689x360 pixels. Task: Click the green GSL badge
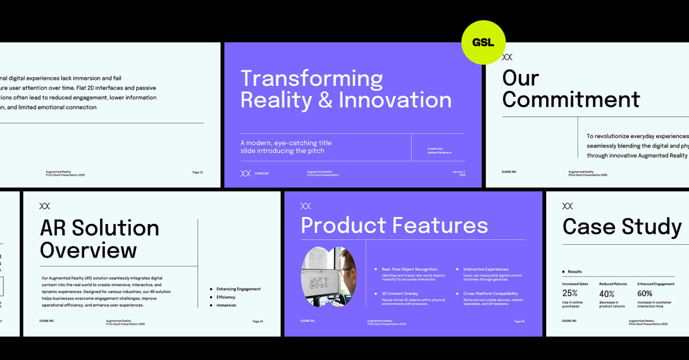click(x=483, y=42)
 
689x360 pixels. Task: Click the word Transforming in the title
click(x=311, y=79)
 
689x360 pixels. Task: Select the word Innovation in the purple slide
click(x=395, y=100)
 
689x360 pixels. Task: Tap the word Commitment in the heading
click(x=571, y=99)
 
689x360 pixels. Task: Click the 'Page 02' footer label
click(x=198, y=172)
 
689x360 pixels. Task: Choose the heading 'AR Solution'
click(x=99, y=228)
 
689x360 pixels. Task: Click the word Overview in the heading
click(x=88, y=250)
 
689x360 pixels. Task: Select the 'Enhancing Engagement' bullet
click(x=238, y=289)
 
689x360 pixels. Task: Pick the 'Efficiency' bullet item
click(x=226, y=297)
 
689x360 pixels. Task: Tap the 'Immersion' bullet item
click(x=226, y=305)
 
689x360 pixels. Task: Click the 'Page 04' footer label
click(x=258, y=322)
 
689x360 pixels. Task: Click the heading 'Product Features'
click(x=394, y=226)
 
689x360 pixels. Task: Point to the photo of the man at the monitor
click(x=328, y=276)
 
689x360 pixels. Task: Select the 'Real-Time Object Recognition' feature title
click(x=409, y=269)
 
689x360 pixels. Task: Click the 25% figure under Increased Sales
click(x=570, y=293)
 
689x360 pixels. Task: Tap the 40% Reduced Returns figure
click(x=607, y=293)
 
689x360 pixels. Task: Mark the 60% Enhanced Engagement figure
click(x=645, y=293)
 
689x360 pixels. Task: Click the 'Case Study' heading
click(x=622, y=227)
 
